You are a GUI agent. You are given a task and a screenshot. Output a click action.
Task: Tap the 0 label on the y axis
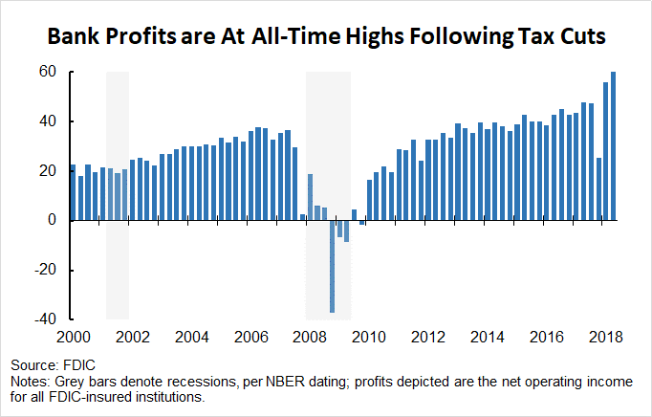pyautogui.click(x=54, y=220)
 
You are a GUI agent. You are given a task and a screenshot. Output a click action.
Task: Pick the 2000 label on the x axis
pyautogui.click(x=73, y=337)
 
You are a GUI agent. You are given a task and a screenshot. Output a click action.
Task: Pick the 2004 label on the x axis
pyautogui.click(x=192, y=337)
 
